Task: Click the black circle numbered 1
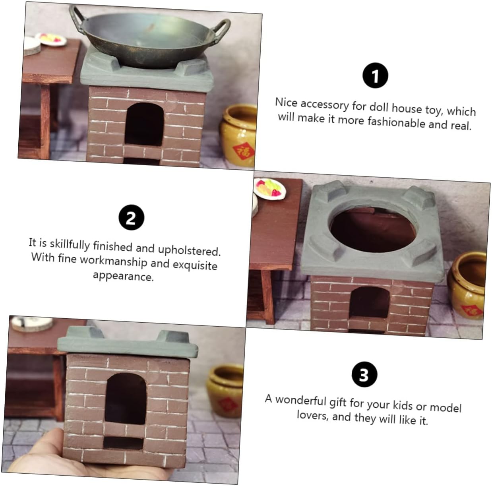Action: point(375,76)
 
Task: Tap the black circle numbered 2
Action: point(131,217)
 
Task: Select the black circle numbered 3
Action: point(364,374)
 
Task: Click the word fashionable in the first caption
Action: point(397,122)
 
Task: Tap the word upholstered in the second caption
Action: point(189,250)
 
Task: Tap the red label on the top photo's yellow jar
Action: point(243,152)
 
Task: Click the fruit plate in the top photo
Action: point(51,39)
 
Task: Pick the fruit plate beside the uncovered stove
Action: point(269,188)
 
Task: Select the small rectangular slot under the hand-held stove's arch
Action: point(123,443)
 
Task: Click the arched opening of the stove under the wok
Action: point(144,124)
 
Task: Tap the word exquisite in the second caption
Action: point(195,265)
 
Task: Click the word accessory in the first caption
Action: point(325,105)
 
